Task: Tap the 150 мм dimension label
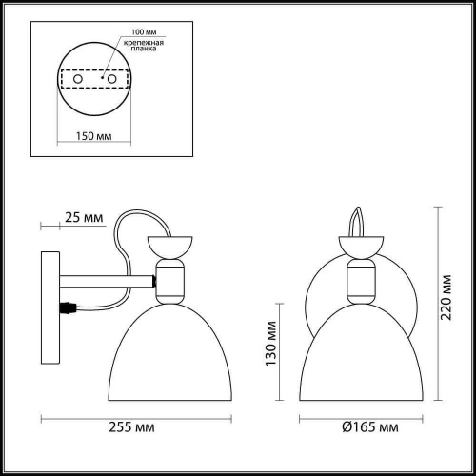click(89, 135)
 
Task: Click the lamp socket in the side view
click(170, 283)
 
